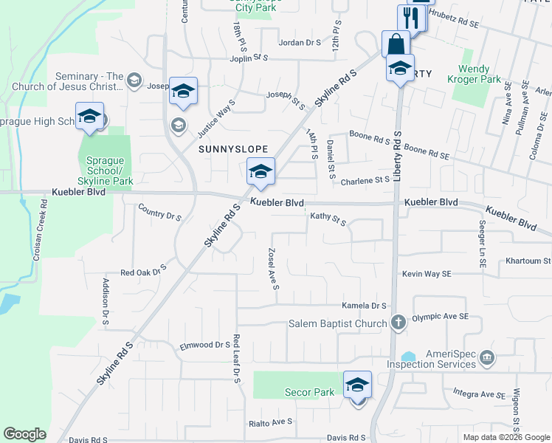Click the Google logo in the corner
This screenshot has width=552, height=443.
tap(24, 434)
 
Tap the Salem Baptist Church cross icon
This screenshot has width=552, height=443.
tap(398, 323)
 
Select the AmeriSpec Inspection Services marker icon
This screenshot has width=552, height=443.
tap(486, 358)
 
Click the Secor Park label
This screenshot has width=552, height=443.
tap(310, 393)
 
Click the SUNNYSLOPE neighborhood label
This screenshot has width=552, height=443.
tap(231, 148)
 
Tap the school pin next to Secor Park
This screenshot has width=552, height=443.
tap(357, 386)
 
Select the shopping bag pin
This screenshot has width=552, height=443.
tap(396, 44)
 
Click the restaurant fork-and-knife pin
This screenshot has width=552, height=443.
tap(411, 19)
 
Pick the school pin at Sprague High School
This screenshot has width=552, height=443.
tap(90, 118)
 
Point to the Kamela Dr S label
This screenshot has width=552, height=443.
tap(364, 306)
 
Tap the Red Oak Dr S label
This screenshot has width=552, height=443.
tap(144, 272)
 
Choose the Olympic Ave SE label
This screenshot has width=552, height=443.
tap(440, 316)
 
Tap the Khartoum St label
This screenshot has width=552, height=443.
tap(528, 261)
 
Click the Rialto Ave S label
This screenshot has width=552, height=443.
tap(270, 422)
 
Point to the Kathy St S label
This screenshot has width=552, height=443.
tap(328, 219)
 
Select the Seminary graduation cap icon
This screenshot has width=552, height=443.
tap(134, 80)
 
